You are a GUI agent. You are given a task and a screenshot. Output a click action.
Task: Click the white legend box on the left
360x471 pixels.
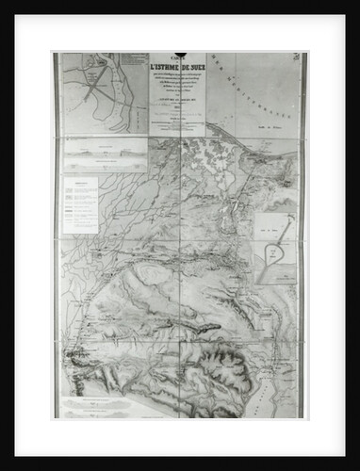click(81, 204)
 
